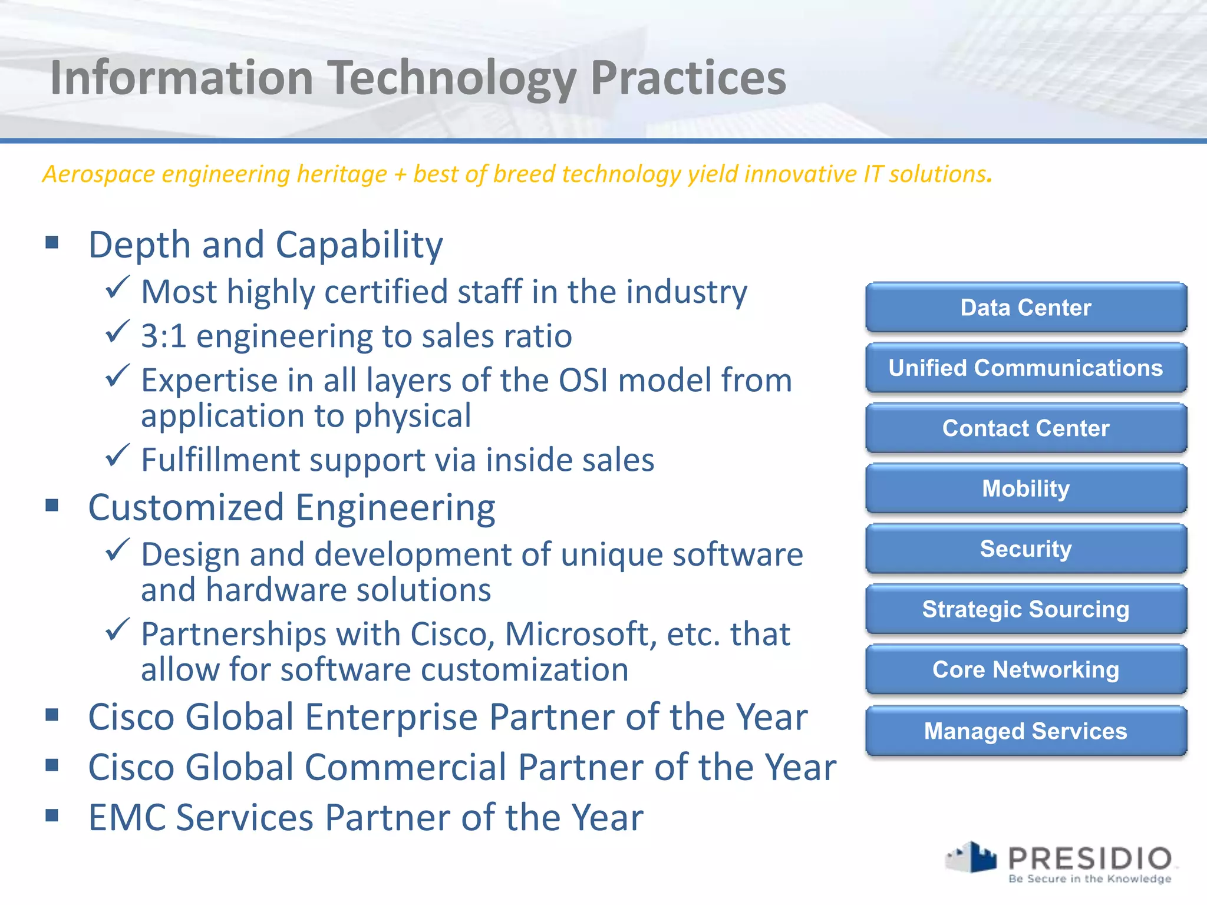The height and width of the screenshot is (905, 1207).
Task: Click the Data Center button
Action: point(1025,308)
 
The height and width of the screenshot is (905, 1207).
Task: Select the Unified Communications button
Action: point(1025,368)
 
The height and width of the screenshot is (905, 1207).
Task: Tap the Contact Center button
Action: point(1025,428)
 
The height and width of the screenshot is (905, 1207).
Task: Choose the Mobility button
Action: point(1025,489)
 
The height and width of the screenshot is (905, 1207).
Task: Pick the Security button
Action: point(1025,549)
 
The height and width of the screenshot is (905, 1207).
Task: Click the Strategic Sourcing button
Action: point(1025,610)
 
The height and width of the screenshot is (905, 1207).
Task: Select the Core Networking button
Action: point(1025,670)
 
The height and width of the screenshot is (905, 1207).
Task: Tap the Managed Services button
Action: point(1025,731)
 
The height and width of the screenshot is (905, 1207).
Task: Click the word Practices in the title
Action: point(688,78)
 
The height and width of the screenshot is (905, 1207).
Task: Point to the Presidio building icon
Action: point(972,857)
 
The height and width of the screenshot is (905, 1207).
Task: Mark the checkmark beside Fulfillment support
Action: point(117,455)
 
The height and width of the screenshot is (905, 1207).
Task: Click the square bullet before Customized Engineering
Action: point(52,506)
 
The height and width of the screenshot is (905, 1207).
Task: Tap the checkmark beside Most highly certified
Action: point(117,288)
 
